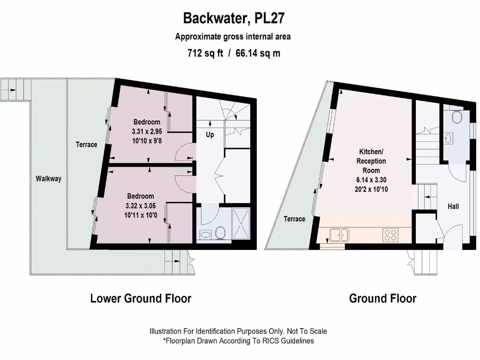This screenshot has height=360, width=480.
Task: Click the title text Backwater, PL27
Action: click(234, 18)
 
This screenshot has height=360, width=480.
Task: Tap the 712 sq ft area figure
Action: click(205, 53)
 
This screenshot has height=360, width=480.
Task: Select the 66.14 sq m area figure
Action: click(258, 53)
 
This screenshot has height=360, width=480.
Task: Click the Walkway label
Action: click(48, 179)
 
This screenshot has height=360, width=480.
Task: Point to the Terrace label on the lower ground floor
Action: click(86, 144)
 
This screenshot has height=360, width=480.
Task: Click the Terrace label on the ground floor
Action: click(294, 219)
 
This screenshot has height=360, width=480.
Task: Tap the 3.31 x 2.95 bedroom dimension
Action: click(147, 132)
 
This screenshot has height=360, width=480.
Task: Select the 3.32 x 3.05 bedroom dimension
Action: click(141, 206)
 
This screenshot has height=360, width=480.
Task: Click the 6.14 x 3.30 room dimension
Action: click(371, 180)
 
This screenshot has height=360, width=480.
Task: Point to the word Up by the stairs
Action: click(210, 135)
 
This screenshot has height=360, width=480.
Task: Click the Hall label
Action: click(453, 206)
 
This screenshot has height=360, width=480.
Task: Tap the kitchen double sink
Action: click(339, 235)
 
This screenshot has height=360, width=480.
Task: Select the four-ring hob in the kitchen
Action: click(390, 235)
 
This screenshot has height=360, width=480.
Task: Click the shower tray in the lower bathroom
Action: click(241, 224)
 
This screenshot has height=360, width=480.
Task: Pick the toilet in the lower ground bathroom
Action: click(220, 233)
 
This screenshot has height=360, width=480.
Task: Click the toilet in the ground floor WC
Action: click(457, 117)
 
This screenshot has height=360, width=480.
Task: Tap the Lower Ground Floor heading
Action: click(141, 298)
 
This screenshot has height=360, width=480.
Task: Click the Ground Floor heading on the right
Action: click(382, 298)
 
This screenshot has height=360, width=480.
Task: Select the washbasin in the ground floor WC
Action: click(449, 138)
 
